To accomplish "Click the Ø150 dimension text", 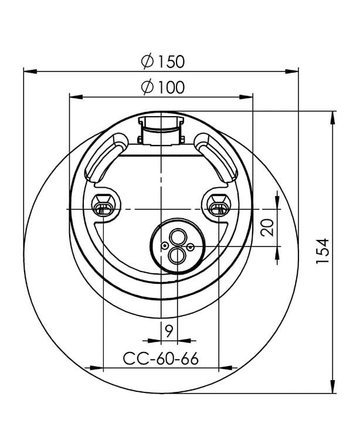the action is [163, 62].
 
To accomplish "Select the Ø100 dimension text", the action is [163, 87].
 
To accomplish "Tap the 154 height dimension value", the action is [322, 251].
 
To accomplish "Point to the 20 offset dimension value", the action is [267, 227].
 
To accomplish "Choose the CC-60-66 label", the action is [161, 358].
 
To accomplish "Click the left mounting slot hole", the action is [103, 209].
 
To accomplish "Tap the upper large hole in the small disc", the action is [178, 237].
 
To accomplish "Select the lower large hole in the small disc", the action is [177, 255].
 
